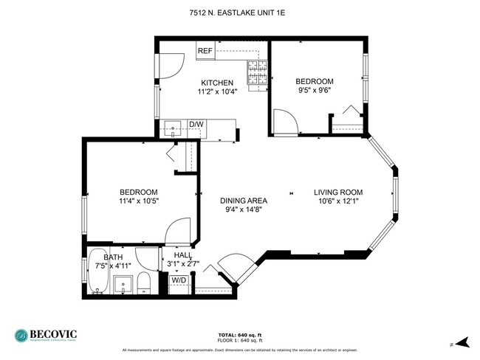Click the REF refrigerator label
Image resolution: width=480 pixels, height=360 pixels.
pyautogui.click(x=205, y=52)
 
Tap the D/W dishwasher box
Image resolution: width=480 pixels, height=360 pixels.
pyautogui.click(x=196, y=124)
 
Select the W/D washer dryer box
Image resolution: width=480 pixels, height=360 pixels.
pyautogui.click(x=178, y=280)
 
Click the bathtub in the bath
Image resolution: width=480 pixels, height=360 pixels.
pyautogui.click(x=99, y=271)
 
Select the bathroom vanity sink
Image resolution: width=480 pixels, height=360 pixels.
pyautogui.click(x=123, y=283)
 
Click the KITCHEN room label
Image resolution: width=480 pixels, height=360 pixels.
pyautogui.click(x=217, y=83)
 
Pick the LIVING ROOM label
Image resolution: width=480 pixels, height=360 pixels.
pyautogui.click(x=337, y=193)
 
